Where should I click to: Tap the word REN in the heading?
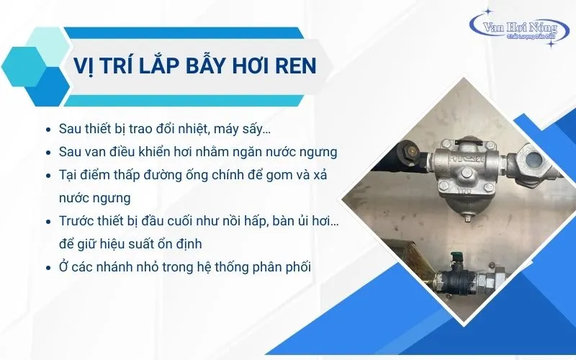click(298, 66)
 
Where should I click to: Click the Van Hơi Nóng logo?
click(520, 29)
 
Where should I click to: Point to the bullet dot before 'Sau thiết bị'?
click(48, 130)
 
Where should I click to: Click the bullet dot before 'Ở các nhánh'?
click(48, 268)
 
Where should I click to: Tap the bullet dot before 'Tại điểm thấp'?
click(48, 176)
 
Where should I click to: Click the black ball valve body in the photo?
click(456, 281)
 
